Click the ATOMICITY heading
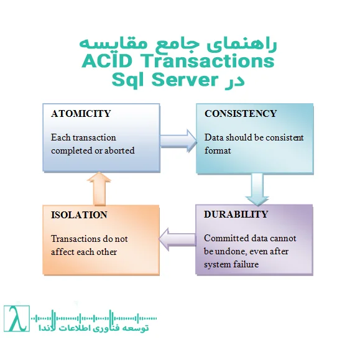(81, 114)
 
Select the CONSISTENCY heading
(240, 114)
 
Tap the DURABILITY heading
(236, 214)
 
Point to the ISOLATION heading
(79, 215)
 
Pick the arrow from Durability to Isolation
(177, 238)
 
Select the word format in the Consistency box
(218, 150)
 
